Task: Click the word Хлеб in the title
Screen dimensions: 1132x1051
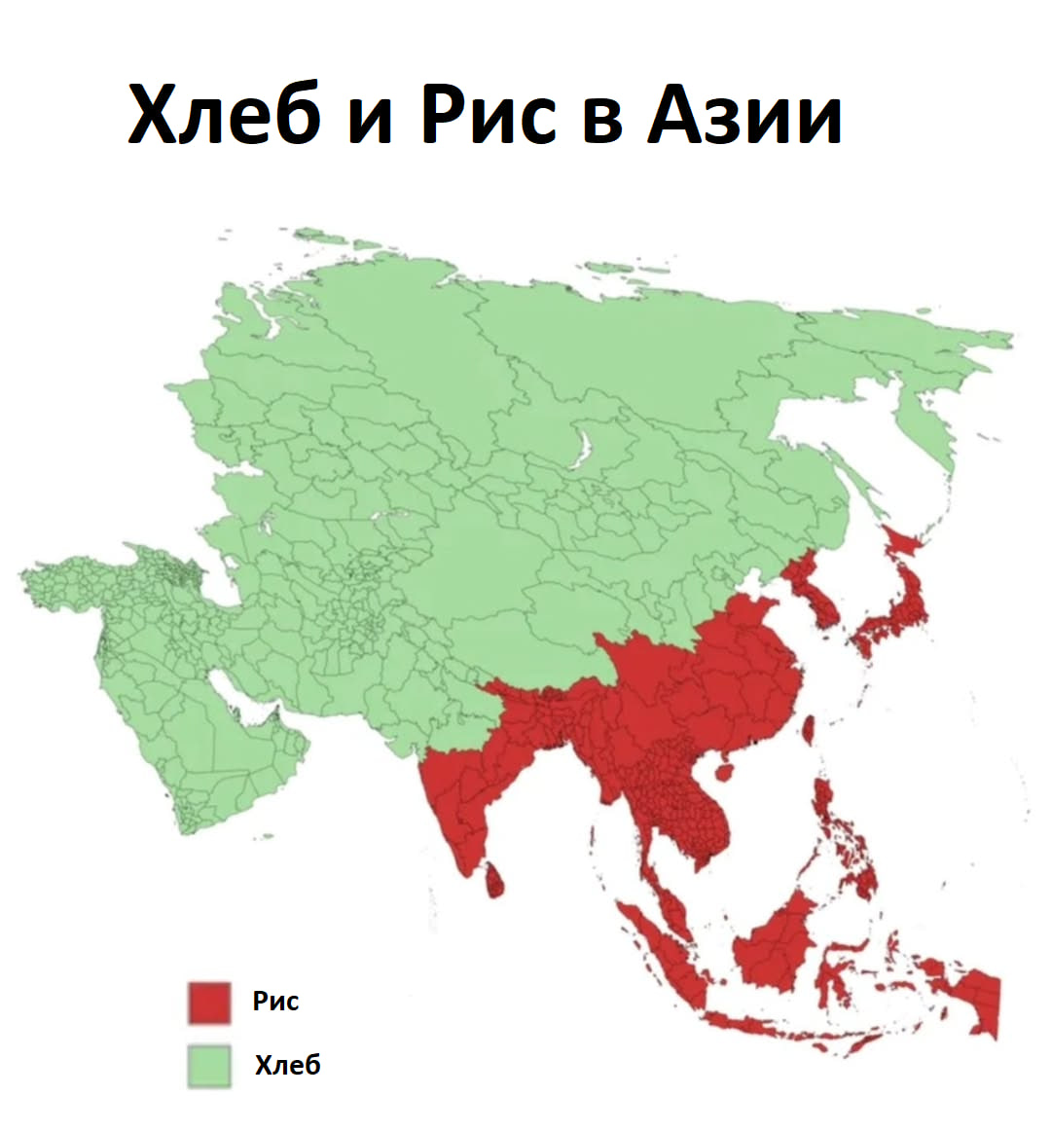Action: pyautogui.click(x=224, y=114)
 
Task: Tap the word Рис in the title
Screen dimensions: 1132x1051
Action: pyautogui.click(x=489, y=114)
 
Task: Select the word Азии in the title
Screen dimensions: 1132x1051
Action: pyautogui.click(x=745, y=114)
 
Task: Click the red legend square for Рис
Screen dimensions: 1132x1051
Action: pyautogui.click(x=209, y=1003)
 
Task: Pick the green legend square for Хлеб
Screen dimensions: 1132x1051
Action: pyautogui.click(x=209, y=1065)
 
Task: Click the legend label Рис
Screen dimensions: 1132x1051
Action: pyautogui.click(x=276, y=1001)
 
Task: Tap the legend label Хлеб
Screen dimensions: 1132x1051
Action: pyautogui.click(x=287, y=1065)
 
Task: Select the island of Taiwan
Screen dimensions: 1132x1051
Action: pyautogui.click(x=807, y=729)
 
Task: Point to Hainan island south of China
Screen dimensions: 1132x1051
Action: pyautogui.click(x=724, y=771)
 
